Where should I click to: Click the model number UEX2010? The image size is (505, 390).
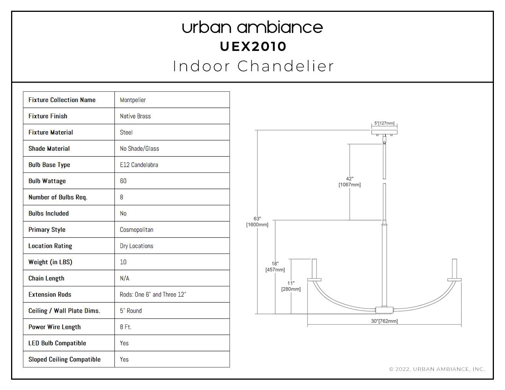coord(252,47)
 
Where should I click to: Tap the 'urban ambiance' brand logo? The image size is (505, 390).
coord(252,28)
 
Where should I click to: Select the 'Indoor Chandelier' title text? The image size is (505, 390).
coord(253,66)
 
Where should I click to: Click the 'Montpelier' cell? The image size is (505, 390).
coord(133,100)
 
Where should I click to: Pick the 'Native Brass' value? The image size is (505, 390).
coord(135,116)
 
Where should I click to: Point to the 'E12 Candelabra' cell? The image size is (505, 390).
coord(139,165)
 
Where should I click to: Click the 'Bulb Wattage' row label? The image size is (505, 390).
coord(47,181)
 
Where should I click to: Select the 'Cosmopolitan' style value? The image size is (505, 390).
coord(137,230)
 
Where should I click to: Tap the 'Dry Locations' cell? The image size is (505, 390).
coord(137,246)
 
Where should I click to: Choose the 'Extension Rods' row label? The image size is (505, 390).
coord(50,294)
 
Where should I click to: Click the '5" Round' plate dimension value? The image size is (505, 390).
coord(131,311)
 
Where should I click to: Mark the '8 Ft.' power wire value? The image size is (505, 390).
coord(126,327)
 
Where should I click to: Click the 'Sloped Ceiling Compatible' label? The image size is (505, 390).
coord(65,359)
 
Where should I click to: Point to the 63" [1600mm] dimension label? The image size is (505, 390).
coord(257,222)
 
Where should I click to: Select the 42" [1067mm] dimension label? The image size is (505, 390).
coord(350,182)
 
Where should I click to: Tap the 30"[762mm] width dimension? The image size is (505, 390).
coord(384,321)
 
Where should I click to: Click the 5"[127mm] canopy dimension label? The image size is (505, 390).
coord(384,123)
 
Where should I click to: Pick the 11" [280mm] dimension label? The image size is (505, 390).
coord(291,286)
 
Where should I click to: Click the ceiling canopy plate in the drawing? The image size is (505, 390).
coord(384,132)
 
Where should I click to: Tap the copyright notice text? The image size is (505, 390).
coord(437,369)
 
